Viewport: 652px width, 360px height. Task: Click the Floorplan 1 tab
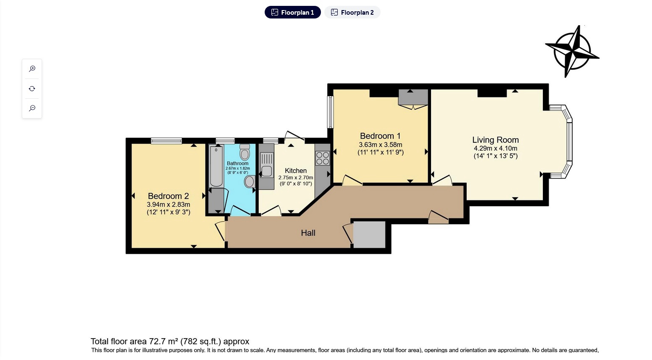[293, 13]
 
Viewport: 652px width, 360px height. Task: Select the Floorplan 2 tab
[352, 13]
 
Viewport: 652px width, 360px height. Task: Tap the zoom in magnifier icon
[32, 69]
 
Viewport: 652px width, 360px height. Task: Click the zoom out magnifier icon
[32, 108]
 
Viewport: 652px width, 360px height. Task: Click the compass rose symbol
[572, 52]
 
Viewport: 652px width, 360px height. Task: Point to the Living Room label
[495, 140]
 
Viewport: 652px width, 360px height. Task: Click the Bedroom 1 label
[380, 136]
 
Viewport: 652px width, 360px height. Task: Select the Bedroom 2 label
[168, 196]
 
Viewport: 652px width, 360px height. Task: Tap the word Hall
[308, 233]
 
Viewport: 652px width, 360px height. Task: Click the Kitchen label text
[296, 171]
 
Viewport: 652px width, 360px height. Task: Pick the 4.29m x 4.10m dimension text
[495, 148]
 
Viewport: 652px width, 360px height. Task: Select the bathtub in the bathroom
[216, 166]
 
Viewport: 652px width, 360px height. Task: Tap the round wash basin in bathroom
[250, 181]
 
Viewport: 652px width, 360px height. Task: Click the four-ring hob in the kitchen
[323, 158]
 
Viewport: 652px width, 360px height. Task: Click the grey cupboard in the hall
[369, 234]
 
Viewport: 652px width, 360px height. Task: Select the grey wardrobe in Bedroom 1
[413, 97]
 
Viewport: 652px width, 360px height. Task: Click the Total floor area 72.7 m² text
[170, 342]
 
